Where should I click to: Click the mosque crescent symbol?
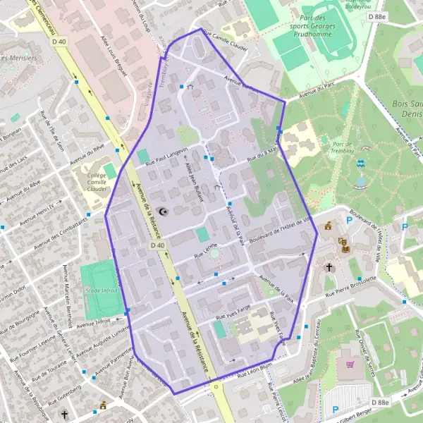[x=164, y=211]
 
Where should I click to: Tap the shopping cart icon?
[x=350, y=364]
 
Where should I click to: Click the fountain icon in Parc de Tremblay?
[x=361, y=164]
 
